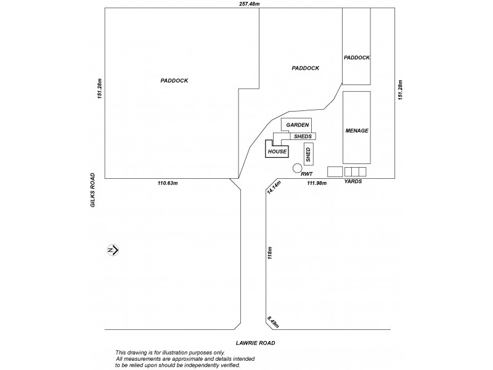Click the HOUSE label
click(x=277, y=151)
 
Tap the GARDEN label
click(x=297, y=125)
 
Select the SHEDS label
click(x=302, y=136)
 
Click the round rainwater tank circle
click(x=297, y=168)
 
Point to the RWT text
click(x=308, y=175)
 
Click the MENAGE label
click(x=357, y=131)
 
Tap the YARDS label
click(x=352, y=182)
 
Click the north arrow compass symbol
click(x=113, y=250)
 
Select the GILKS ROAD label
click(x=92, y=192)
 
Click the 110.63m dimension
click(x=168, y=183)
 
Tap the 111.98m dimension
click(x=316, y=183)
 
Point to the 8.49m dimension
click(x=274, y=322)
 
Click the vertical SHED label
click(x=308, y=154)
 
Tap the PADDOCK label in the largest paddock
click(x=174, y=80)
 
